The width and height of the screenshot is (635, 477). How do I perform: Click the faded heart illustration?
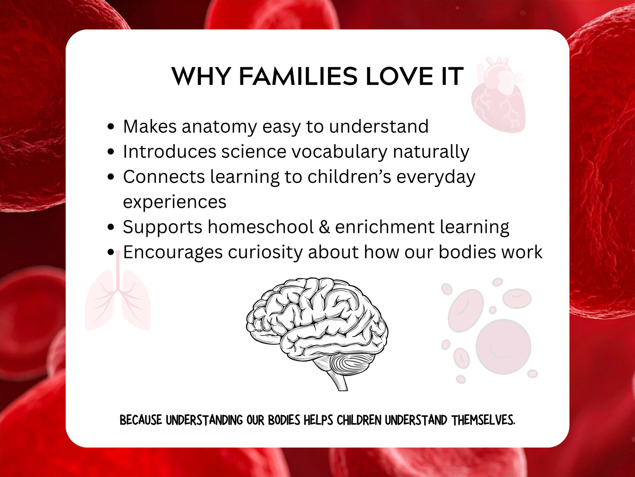point(498,95)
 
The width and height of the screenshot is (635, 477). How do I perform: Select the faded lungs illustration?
point(118,296)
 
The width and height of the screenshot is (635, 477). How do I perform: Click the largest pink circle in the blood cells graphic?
point(503,346)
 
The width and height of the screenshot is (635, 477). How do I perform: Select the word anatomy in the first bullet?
point(220,127)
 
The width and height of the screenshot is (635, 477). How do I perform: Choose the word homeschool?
point(261,227)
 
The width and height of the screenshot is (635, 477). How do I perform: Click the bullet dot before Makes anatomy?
point(111,126)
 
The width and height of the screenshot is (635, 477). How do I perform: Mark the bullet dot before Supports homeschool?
point(111,227)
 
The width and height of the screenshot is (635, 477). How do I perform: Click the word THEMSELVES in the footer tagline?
point(483,420)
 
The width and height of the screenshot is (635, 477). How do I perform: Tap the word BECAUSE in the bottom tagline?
point(141,420)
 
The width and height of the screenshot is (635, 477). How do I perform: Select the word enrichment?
point(385,227)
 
